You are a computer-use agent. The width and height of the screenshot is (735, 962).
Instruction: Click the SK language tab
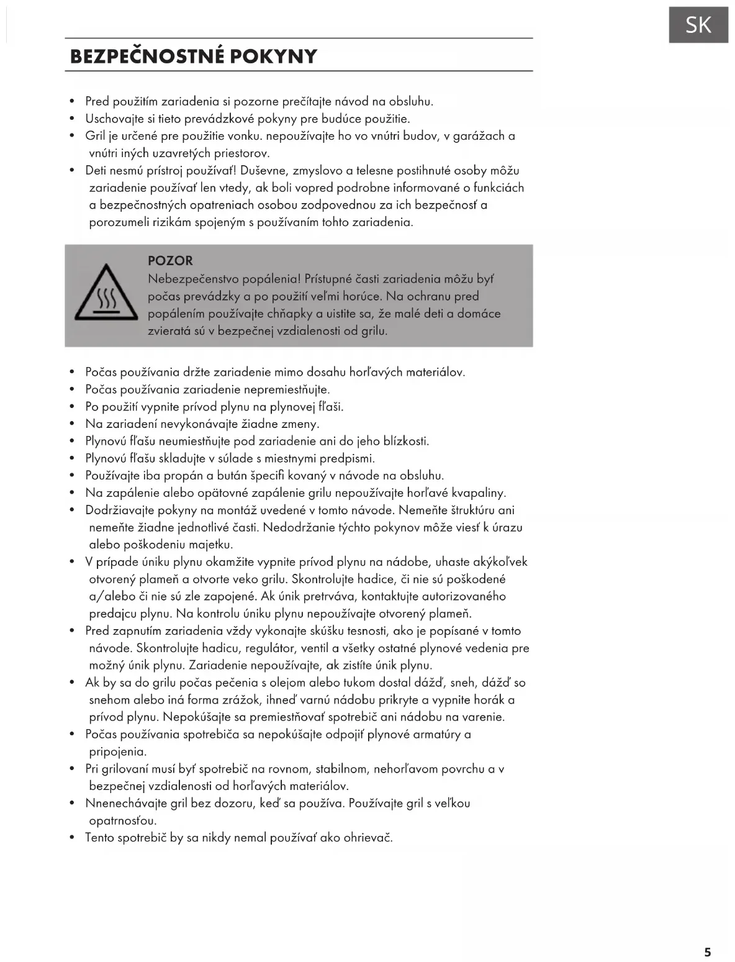[x=698, y=25]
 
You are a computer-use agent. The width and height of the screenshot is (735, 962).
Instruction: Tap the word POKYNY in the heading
[x=273, y=57]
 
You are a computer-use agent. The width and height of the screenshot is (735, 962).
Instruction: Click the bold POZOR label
[x=170, y=261]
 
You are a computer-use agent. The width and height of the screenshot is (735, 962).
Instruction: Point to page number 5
[x=708, y=952]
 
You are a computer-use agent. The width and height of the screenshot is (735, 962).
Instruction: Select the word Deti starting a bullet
[x=97, y=171]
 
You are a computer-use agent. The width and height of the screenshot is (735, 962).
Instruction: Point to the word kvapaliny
[x=479, y=493]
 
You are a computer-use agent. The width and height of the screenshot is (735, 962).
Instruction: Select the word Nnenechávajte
[x=127, y=804]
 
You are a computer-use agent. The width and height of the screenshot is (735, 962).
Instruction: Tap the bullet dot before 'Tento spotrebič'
[x=72, y=838]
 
